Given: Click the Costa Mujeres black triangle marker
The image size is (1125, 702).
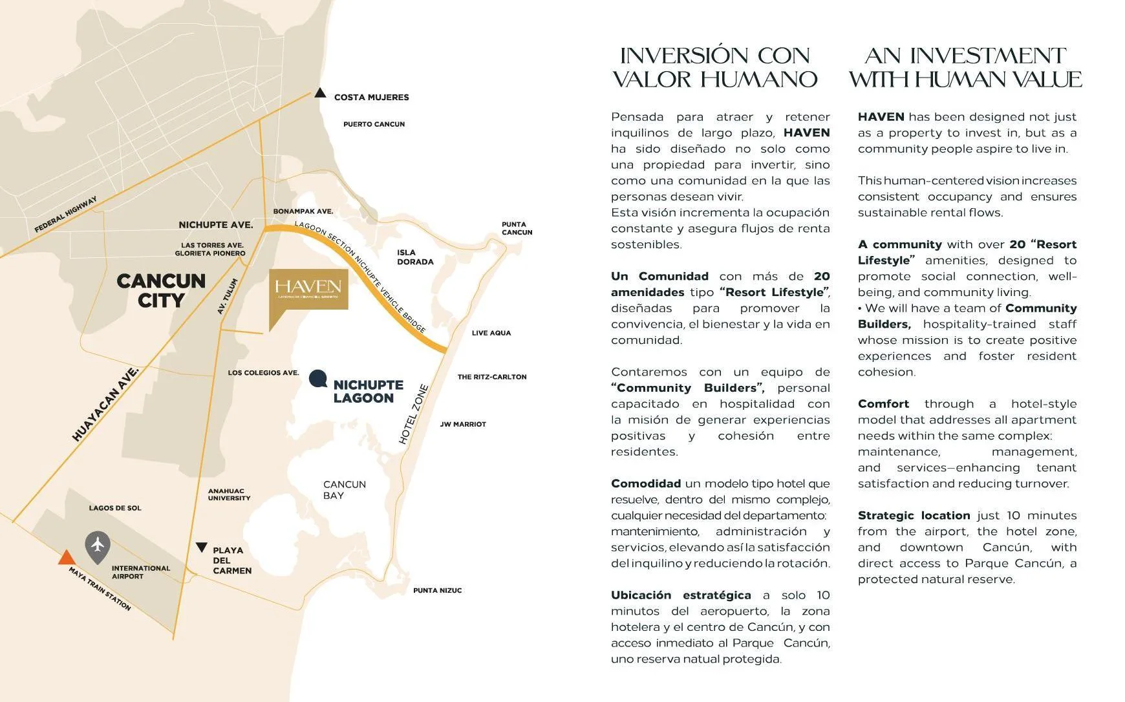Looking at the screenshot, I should coord(319,93).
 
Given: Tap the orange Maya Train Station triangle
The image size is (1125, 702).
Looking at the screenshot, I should coord(66,558).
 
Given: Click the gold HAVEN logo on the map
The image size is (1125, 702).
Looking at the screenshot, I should coord(308,289).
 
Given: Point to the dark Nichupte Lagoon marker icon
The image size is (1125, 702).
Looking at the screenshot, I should coord(317,378).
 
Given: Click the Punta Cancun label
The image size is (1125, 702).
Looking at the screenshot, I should coord(517,228).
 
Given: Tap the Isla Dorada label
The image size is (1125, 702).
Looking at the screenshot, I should coord(415,257).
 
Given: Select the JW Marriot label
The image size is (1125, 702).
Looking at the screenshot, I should coord(463,424).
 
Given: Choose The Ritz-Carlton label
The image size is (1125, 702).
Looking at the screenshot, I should coord(491,377).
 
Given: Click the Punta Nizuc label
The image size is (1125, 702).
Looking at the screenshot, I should coord(437,590).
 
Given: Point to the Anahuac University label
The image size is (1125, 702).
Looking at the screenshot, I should coord(229,495).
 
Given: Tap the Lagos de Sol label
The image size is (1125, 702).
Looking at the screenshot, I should coord(115,508).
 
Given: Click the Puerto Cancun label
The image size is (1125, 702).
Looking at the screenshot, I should coord(374,124).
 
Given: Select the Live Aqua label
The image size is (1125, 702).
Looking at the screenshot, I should coord(491,333).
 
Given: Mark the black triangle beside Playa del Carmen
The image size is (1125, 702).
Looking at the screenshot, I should coord(202,548).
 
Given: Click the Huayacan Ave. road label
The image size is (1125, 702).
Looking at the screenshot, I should coord(105,405).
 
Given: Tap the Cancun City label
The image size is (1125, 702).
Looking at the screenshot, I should coord(161,290).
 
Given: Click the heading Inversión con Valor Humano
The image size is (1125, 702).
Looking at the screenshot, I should coord(714,67).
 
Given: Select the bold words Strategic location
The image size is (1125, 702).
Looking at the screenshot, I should coord(914,515).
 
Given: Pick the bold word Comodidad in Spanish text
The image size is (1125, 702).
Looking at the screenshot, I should coord(645,484).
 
